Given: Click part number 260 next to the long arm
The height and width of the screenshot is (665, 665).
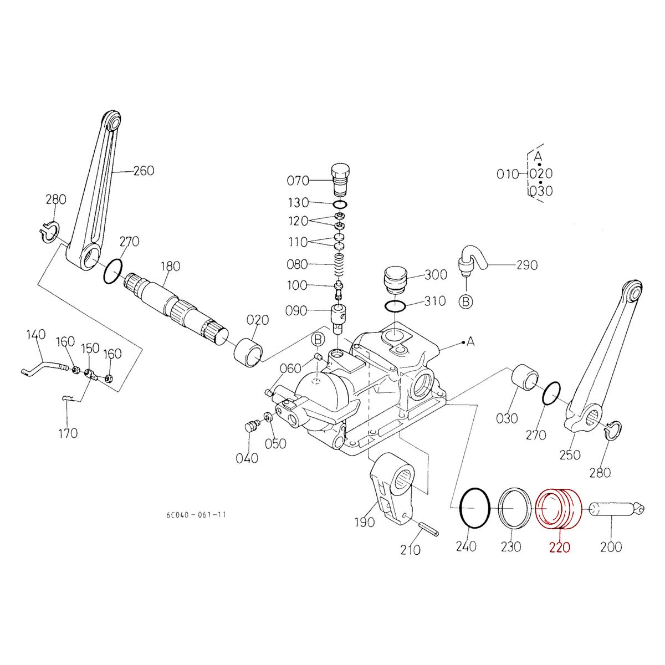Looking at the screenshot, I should pyautogui.click(x=144, y=170).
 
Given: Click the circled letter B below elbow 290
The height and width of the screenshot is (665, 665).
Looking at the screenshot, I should pyautogui.click(x=467, y=301).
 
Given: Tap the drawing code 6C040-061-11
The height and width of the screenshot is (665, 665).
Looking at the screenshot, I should pyautogui.click(x=196, y=515).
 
